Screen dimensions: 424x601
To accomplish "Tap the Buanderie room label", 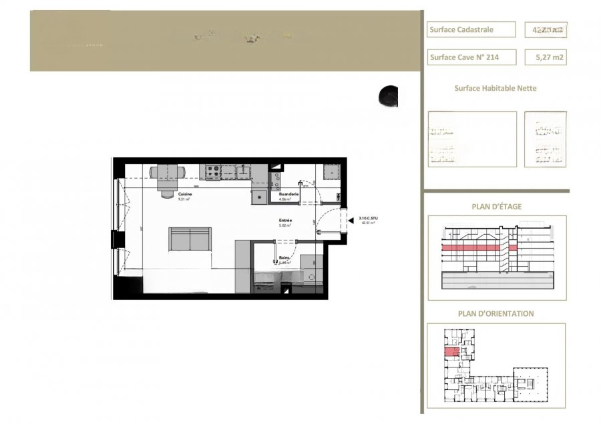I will pos(288,194).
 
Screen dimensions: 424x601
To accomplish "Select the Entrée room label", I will pos(286,221).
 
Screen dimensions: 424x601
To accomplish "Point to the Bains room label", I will pos(284,257).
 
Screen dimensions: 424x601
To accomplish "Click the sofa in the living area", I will pos(190,239).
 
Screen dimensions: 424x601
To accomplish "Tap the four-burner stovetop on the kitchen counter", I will pos(213,171).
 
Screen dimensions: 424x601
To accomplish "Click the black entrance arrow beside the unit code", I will pos(351,218).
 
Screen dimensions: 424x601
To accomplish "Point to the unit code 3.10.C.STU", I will pos(368,218).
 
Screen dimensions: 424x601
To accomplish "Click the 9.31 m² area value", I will pos(166,199).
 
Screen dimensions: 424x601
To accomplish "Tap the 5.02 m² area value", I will pos(286,226).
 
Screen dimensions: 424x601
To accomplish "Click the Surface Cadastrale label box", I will pos(471,29).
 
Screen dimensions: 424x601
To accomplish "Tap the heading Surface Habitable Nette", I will pos(495,88).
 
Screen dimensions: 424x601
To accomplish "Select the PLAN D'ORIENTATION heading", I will pos(495,313).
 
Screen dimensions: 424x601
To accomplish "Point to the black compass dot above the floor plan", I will pos(387,97).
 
